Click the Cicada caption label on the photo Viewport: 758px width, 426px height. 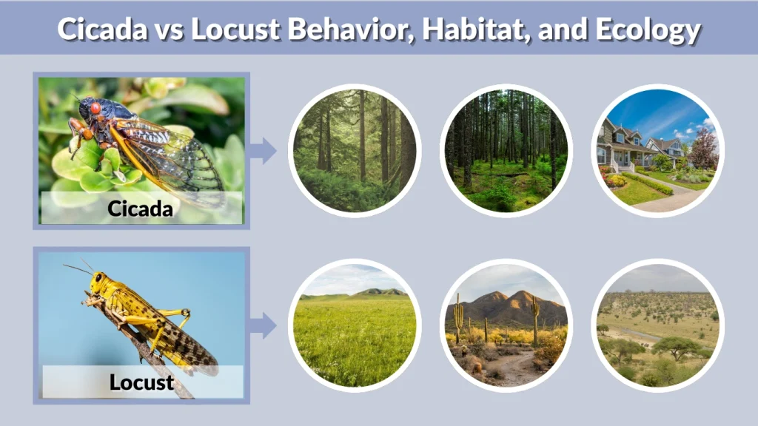(141, 209)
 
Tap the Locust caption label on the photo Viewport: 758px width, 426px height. (141, 382)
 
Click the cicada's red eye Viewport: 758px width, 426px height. (95, 108)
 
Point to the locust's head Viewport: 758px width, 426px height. (98, 282)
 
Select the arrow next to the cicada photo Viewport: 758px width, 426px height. (263, 151)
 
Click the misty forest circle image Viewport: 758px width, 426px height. (354, 151)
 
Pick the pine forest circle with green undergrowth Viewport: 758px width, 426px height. (506, 151)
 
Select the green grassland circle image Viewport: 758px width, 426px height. (354, 325)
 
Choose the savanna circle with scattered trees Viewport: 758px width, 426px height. (657, 325)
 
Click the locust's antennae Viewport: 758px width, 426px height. (78, 268)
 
